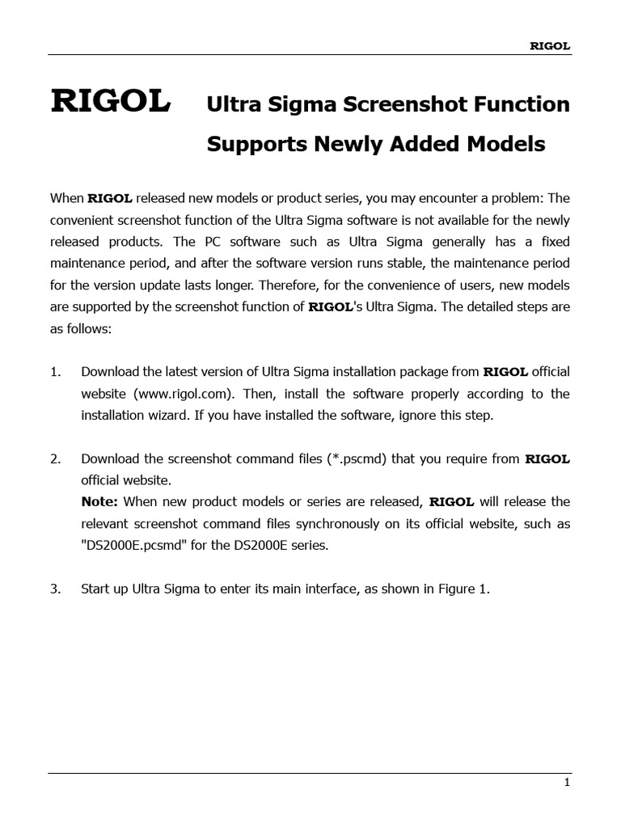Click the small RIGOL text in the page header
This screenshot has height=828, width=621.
[x=550, y=46]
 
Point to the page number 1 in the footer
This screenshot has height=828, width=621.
[x=567, y=782]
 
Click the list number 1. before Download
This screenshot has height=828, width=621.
[x=55, y=372]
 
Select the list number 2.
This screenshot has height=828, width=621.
[x=55, y=459]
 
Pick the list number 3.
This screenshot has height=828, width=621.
[x=55, y=589]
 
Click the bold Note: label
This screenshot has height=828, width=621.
[x=99, y=502]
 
